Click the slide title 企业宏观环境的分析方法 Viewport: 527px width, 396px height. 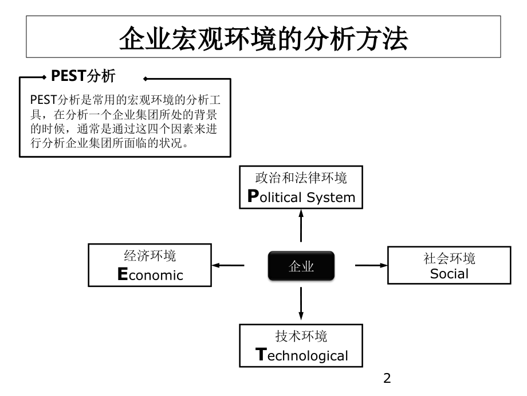(263, 40)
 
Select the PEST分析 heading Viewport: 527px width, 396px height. (83, 76)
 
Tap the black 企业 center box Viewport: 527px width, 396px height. (301, 266)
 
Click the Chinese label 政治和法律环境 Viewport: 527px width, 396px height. (301, 178)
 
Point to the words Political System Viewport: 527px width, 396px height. (301, 197)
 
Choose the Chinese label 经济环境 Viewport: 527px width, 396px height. (150, 255)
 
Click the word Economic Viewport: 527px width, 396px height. (150, 274)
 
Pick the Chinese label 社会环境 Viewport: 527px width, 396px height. (449, 258)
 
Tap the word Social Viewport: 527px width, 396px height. (449, 274)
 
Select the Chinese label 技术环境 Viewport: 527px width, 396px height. (301, 336)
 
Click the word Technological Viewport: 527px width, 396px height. (301, 355)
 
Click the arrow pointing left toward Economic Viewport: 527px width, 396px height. (228, 265)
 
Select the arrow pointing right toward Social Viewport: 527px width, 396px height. (371, 265)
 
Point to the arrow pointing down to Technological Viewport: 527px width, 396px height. (301, 303)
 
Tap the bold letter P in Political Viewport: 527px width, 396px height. (251, 197)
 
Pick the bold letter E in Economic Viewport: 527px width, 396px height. (121, 274)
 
